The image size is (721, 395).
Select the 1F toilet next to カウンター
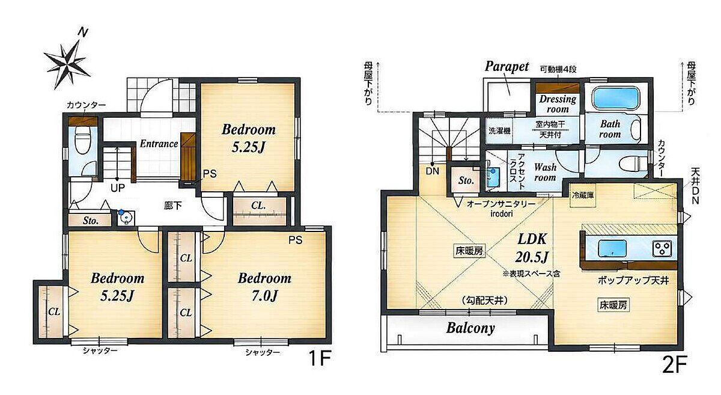click(x=83, y=139)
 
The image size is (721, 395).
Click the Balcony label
click(x=470, y=328)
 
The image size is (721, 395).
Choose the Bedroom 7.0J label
click(x=264, y=287)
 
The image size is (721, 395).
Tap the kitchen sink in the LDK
click(x=612, y=249)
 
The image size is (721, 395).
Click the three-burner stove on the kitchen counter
click(x=662, y=249)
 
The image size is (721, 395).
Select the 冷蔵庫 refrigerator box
click(x=583, y=195)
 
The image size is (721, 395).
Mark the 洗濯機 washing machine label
click(x=499, y=131)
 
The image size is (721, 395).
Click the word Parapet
click(x=507, y=66)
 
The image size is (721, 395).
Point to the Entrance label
click(x=159, y=144)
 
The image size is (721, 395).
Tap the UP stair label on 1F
click(x=118, y=188)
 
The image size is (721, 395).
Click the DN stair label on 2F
click(x=432, y=171)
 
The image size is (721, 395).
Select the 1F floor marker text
click(x=320, y=358)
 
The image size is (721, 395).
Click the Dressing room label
click(x=558, y=104)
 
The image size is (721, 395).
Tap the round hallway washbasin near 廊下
click(x=126, y=219)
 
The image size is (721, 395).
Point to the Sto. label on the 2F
click(x=466, y=181)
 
